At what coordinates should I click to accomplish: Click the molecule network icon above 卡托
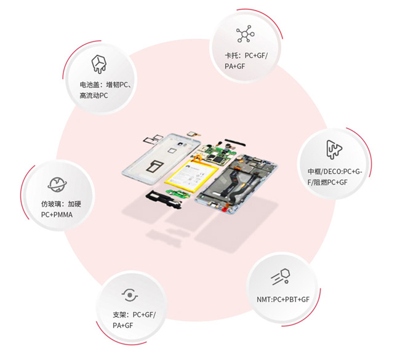(245, 34)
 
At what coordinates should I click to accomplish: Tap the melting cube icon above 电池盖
(98, 64)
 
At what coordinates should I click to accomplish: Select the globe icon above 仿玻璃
(57, 184)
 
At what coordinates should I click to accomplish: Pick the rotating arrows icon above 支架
(130, 295)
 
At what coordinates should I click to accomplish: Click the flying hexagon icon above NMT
(281, 276)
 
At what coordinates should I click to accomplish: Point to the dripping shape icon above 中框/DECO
(334, 150)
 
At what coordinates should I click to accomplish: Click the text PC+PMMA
(57, 215)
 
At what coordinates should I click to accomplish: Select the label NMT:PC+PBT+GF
(283, 299)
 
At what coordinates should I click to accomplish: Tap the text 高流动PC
(94, 95)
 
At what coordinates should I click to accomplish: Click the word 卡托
(231, 55)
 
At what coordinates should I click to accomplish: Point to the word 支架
(119, 315)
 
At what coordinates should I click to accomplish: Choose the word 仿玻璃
(51, 204)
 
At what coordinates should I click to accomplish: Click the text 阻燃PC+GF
(330, 182)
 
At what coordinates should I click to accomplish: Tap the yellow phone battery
(191, 175)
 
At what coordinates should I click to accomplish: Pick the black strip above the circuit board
(235, 143)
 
